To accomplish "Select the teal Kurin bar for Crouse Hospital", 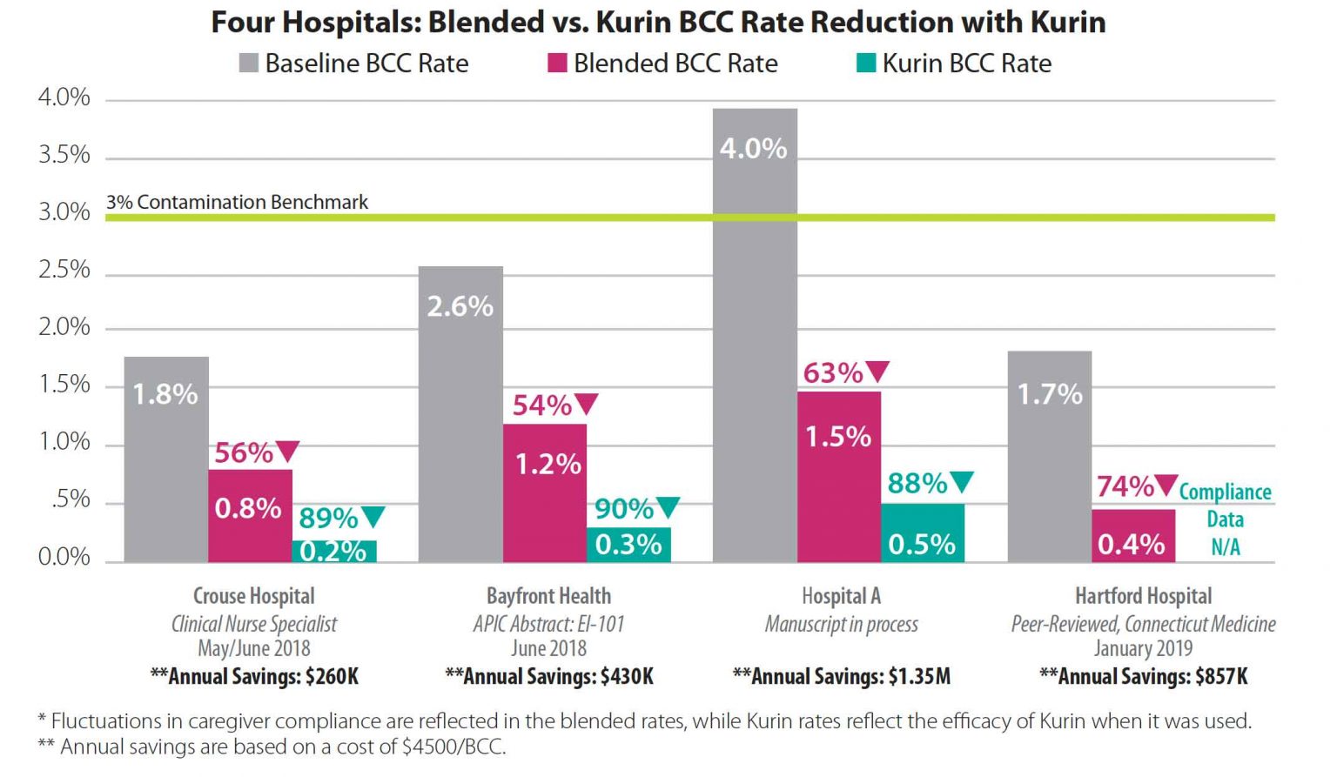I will pyautogui.click(x=334, y=551).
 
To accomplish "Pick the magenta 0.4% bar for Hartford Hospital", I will pyautogui.click(x=1133, y=535).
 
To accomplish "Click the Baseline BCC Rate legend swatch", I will pyautogui.click(x=249, y=64).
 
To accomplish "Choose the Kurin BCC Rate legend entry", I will pyautogui.click(x=954, y=64).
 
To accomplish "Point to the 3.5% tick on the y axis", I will pyautogui.click(x=64, y=155).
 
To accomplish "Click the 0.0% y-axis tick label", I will pyautogui.click(x=64, y=557).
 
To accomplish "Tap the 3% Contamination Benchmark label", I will pyautogui.click(x=237, y=202).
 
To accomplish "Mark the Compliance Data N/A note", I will pyautogui.click(x=1225, y=519).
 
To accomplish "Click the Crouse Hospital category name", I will pyautogui.click(x=254, y=596).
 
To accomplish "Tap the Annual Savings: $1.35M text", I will pyautogui.click(x=842, y=676).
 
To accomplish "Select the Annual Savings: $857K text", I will pyautogui.click(x=1143, y=676).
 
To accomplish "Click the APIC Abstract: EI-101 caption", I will pyautogui.click(x=548, y=624).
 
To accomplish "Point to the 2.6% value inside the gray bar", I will pyautogui.click(x=460, y=306).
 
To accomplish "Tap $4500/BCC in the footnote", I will pyautogui.click(x=453, y=747).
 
